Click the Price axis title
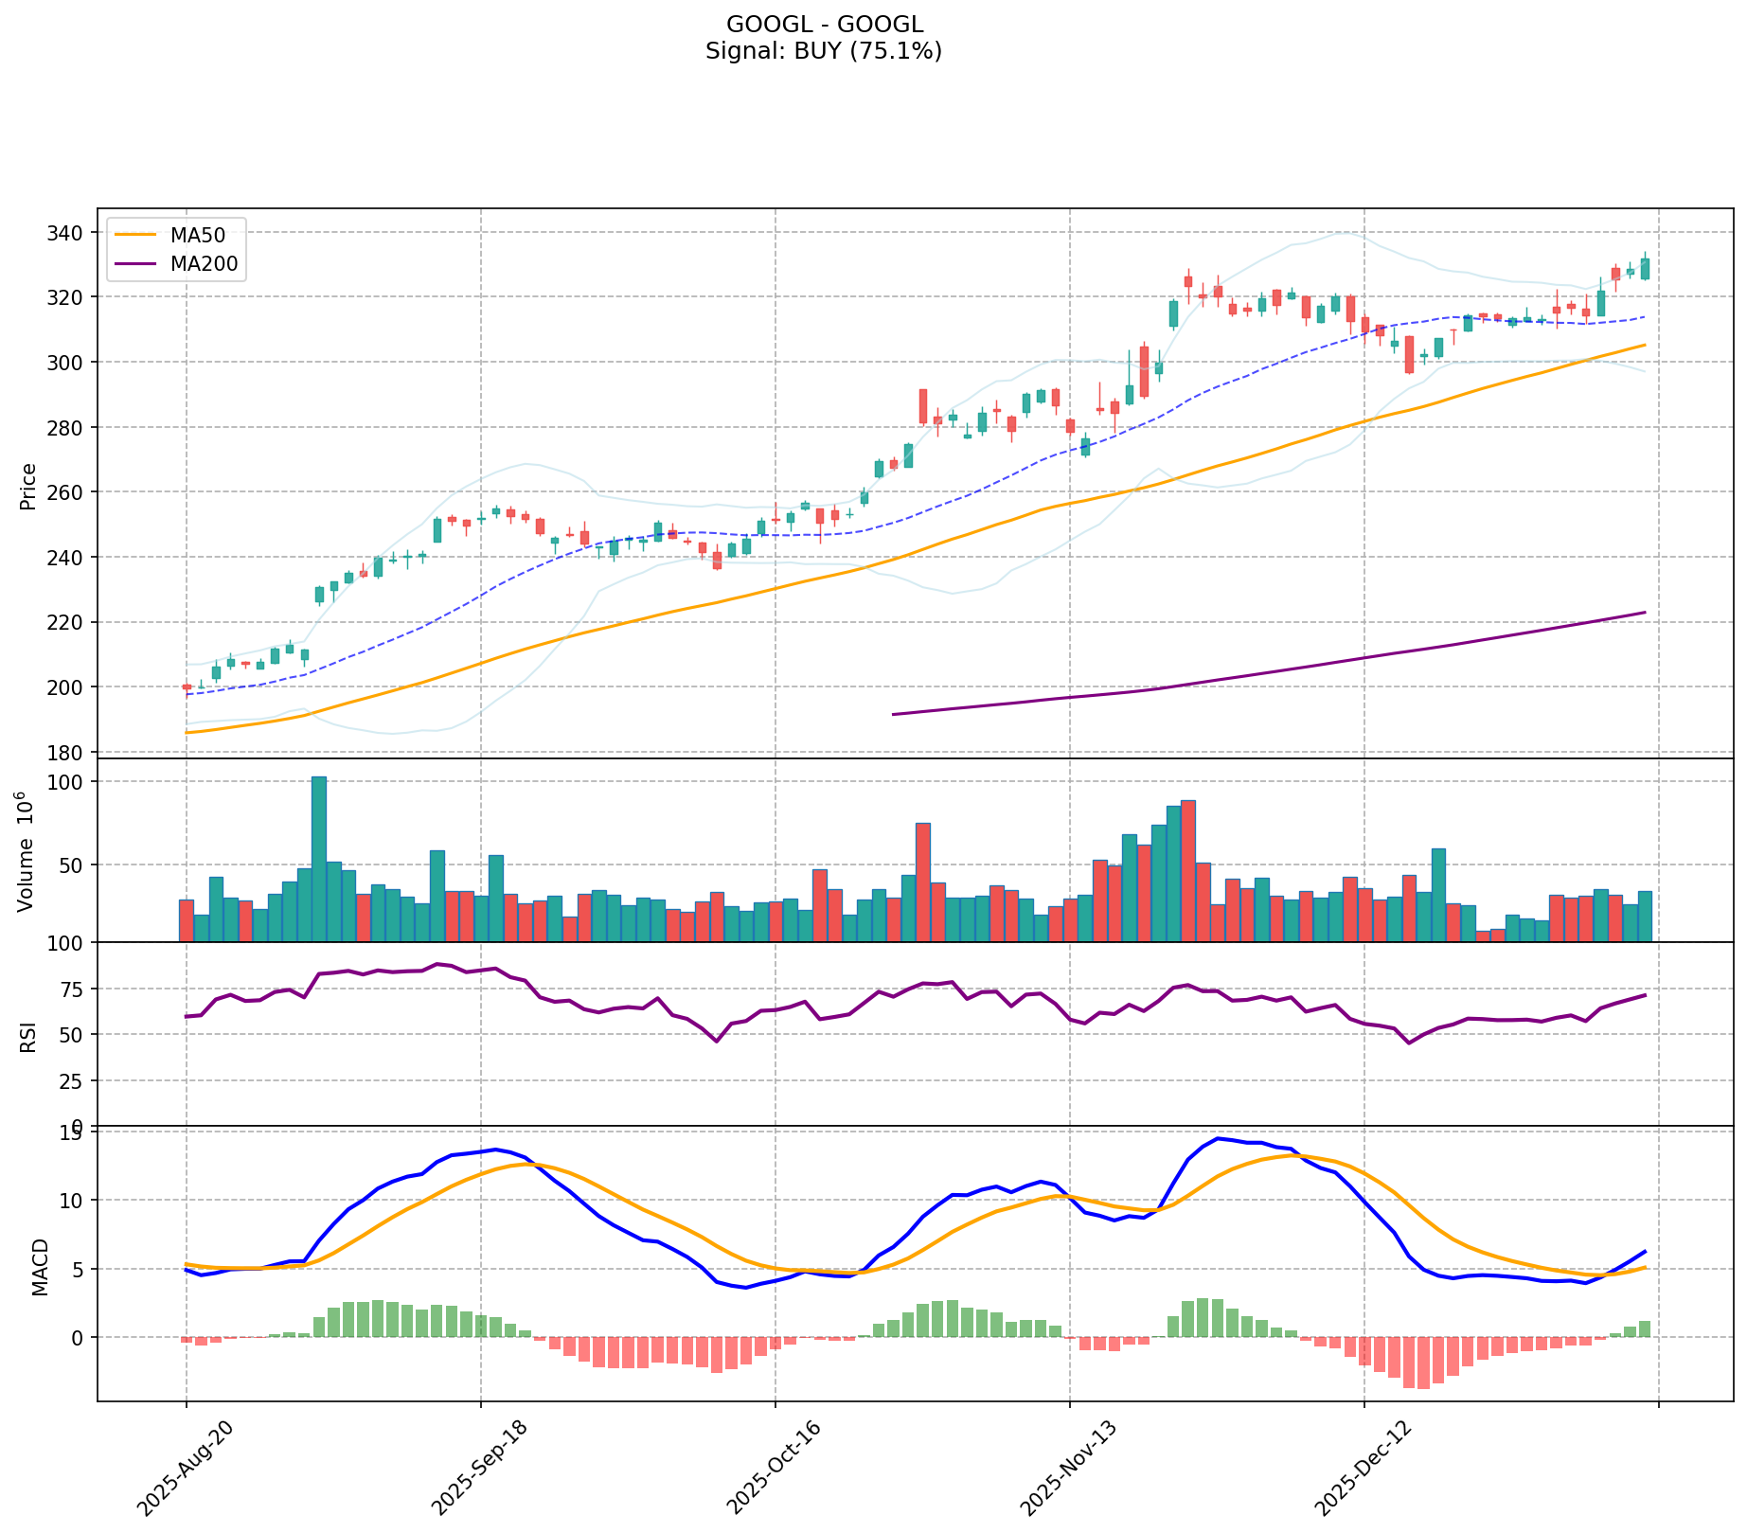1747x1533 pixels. click(28, 487)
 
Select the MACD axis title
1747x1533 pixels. click(40, 1267)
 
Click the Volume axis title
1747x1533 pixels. click(27, 851)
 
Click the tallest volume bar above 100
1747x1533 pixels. click(319, 858)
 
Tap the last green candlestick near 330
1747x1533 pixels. click(1645, 269)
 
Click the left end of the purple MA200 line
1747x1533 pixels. click(894, 714)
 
